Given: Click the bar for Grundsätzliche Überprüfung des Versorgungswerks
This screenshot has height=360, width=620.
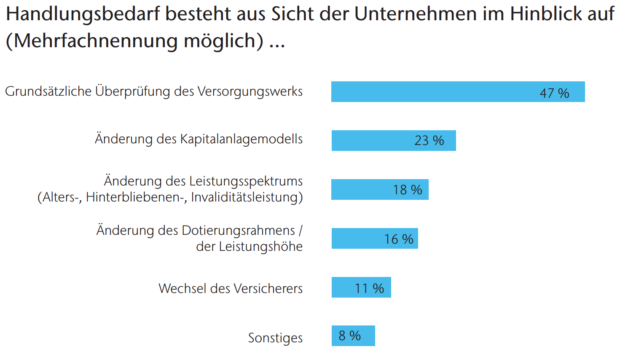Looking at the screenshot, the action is (x=458, y=91).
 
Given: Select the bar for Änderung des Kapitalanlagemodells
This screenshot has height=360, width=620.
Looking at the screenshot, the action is (x=394, y=141).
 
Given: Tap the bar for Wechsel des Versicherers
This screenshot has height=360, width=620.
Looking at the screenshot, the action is (x=362, y=287).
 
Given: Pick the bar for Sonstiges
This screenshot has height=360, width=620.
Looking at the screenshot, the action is (x=354, y=336).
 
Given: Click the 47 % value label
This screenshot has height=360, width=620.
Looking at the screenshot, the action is (x=554, y=93).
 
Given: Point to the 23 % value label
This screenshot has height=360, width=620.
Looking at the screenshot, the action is (x=429, y=141).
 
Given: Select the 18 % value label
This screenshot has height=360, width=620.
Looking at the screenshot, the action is (x=408, y=190).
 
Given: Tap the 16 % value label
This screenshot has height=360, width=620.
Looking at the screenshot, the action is (x=399, y=239).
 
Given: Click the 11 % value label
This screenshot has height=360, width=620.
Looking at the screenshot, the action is (x=370, y=288).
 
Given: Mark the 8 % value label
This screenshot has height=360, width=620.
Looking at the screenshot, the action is (x=350, y=336).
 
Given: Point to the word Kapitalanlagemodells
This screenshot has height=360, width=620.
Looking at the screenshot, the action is (x=242, y=139).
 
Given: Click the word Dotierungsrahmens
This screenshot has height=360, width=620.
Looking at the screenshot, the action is (x=239, y=231).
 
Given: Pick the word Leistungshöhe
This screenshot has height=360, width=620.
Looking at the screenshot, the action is (x=261, y=247).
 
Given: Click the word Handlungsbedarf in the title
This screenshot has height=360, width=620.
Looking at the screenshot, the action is (x=83, y=14).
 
